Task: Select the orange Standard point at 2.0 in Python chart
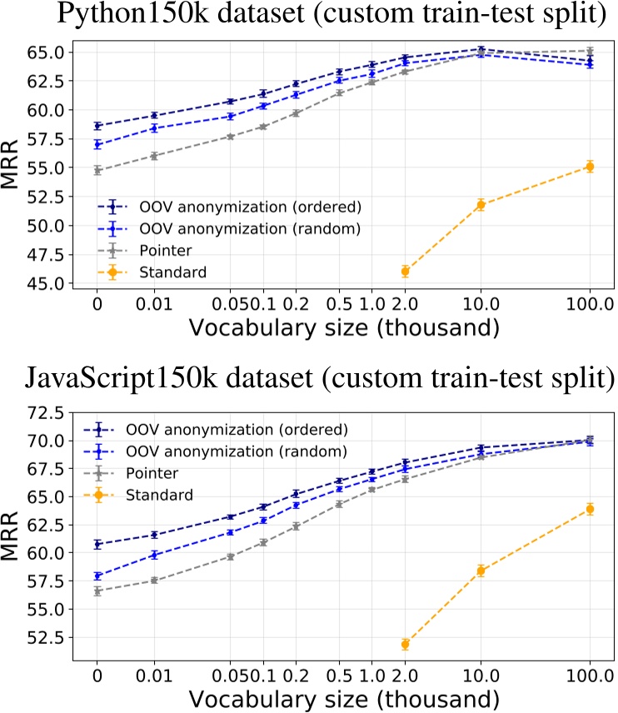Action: pyautogui.click(x=405, y=271)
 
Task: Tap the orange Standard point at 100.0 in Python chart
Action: pyautogui.click(x=590, y=166)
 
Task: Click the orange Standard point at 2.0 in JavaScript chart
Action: pyautogui.click(x=405, y=644)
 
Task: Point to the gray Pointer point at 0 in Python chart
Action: pyautogui.click(x=97, y=170)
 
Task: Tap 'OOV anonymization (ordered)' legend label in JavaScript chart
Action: pyautogui.click(x=235, y=430)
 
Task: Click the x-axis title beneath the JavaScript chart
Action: pyautogui.click(x=343, y=696)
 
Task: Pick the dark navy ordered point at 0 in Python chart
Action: pyautogui.click(x=97, y=126)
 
